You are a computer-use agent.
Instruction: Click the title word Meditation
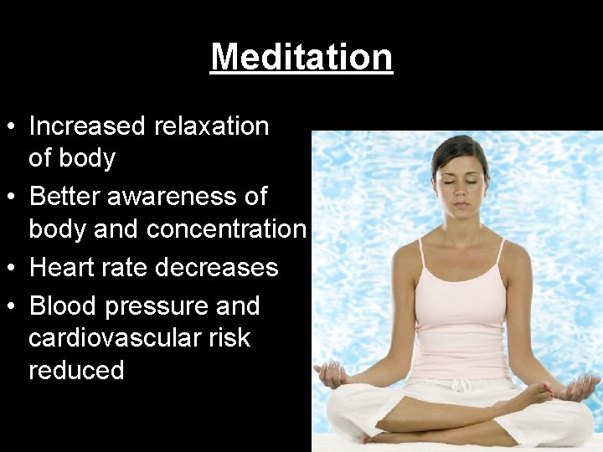click(301, 57)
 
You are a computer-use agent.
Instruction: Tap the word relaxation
click(211, 126)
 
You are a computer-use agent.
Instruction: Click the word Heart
click(64, 268)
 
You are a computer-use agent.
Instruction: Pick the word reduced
click(76, 370)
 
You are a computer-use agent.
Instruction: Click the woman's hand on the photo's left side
click(330, 372)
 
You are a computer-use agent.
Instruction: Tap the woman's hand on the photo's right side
click(580, 386)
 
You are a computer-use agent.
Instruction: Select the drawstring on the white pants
click(459, 386)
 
